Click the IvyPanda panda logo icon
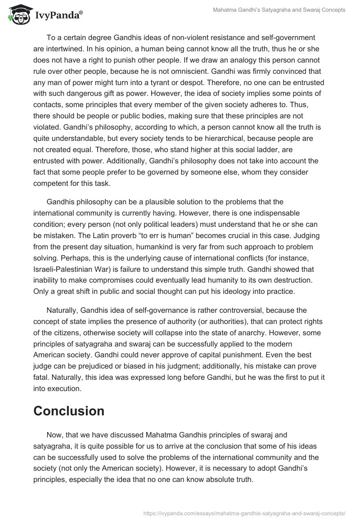click(18, 15)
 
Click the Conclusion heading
click(69, 410)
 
